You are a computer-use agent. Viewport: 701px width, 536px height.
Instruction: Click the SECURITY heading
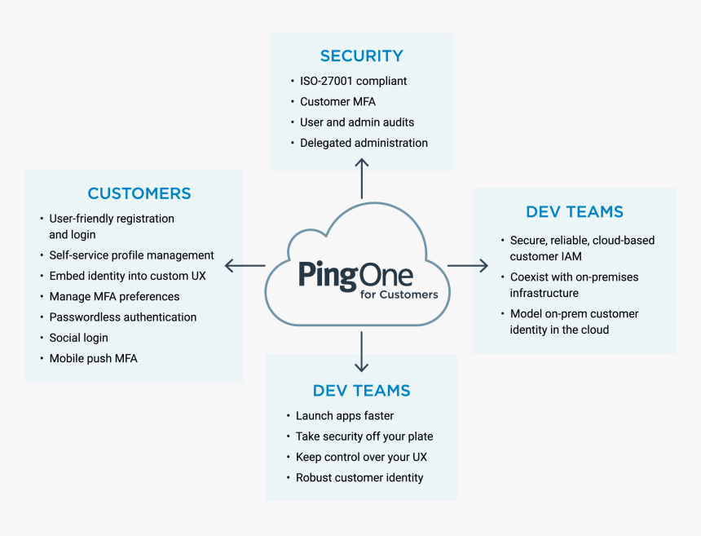coord(361,56)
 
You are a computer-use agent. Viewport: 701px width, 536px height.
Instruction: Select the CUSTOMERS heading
coord(139,194)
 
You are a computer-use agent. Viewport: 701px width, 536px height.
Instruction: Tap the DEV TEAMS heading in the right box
coord(575,212)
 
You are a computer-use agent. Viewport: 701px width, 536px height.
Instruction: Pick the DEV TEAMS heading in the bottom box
coord(361,391)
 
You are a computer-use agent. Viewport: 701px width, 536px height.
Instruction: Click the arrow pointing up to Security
coord(362,177)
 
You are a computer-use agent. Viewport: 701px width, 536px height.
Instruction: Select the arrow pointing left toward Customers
coord(245,265)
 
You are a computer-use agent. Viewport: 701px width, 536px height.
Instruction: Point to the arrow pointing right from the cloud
coord(467,265)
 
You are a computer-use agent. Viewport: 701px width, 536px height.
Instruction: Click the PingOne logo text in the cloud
coord(355,275)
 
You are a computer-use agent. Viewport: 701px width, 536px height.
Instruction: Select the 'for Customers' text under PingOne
coord(399,295)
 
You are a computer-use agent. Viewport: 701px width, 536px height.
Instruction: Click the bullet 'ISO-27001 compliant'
coord(353,81)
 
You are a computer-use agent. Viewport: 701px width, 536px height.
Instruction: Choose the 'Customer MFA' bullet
coord(337,102)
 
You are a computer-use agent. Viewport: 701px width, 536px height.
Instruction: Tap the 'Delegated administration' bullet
coord(364,143)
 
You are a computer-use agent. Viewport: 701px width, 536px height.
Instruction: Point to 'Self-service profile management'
coord(131,255)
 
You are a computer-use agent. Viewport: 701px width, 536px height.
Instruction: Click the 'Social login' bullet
coord(78,338)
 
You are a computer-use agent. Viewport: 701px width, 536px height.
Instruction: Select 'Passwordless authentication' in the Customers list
coord(122,317)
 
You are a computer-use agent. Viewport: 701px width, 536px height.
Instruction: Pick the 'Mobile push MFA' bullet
coord(93,358)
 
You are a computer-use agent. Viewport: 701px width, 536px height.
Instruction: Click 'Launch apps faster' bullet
coord(344,416)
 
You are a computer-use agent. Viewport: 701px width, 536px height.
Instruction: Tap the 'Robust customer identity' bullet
coord(359,477)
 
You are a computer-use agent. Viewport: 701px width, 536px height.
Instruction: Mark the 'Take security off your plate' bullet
coord(364,436)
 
